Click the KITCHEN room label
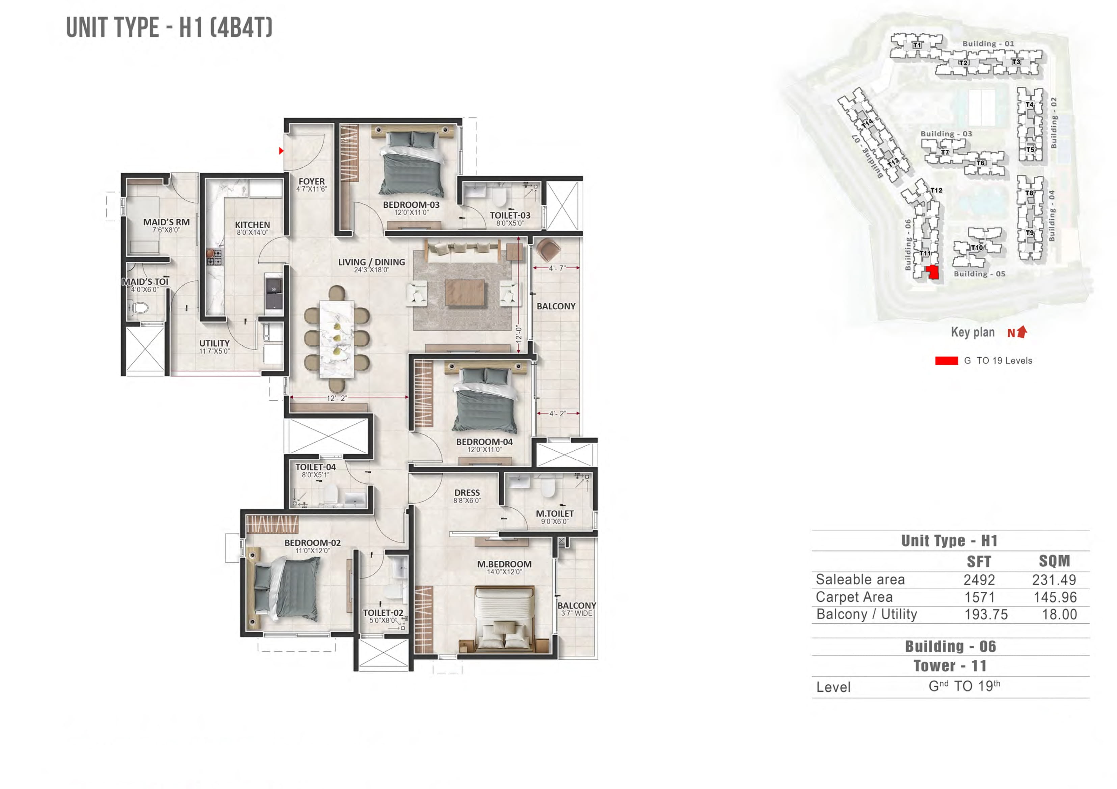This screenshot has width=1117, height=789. coord(252,225)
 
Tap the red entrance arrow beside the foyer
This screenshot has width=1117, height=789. coord(281,151)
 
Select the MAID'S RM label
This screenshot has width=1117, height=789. coord(166,222)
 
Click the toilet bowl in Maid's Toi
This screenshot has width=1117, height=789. coord(141,307)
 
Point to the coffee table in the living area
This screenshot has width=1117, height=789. coord(464,293)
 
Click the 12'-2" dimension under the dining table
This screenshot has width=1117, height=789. coord(337,398)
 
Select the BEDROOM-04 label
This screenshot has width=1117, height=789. coord(484,442)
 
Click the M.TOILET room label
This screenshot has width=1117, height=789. coord(555,514)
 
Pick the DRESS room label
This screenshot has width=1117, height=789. coord(467,493)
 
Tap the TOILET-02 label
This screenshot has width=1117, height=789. coord(383,613)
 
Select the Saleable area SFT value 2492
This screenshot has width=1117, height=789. coord(979,580)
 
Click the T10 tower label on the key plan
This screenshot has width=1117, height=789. coord(976,248)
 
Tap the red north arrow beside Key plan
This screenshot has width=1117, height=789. coord(1022,332)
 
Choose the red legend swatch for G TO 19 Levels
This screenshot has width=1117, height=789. coord(946,361)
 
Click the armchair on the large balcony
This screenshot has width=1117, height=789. coord(548,250)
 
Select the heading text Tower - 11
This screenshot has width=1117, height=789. coord(950,666)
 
